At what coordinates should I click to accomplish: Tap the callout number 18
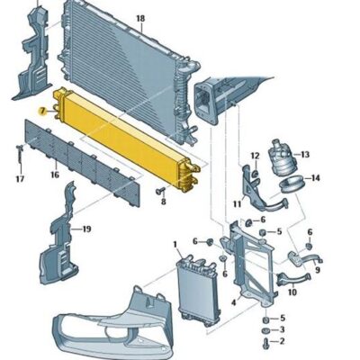[x=139, y=18]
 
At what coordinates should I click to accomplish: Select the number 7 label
[x=41, y=110]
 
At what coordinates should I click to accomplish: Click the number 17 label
[x=20, y=179]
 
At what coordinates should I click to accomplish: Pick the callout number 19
[x=86, y=229]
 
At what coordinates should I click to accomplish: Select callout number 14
[x=315, y=177]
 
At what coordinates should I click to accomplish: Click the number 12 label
[x=255, y=157]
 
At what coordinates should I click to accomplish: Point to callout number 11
[x=237, y=204]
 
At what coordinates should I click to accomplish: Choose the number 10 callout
[x=292, y=292]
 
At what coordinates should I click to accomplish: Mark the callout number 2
[x=282, y=342]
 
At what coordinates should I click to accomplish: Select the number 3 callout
[x=282, y=330]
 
